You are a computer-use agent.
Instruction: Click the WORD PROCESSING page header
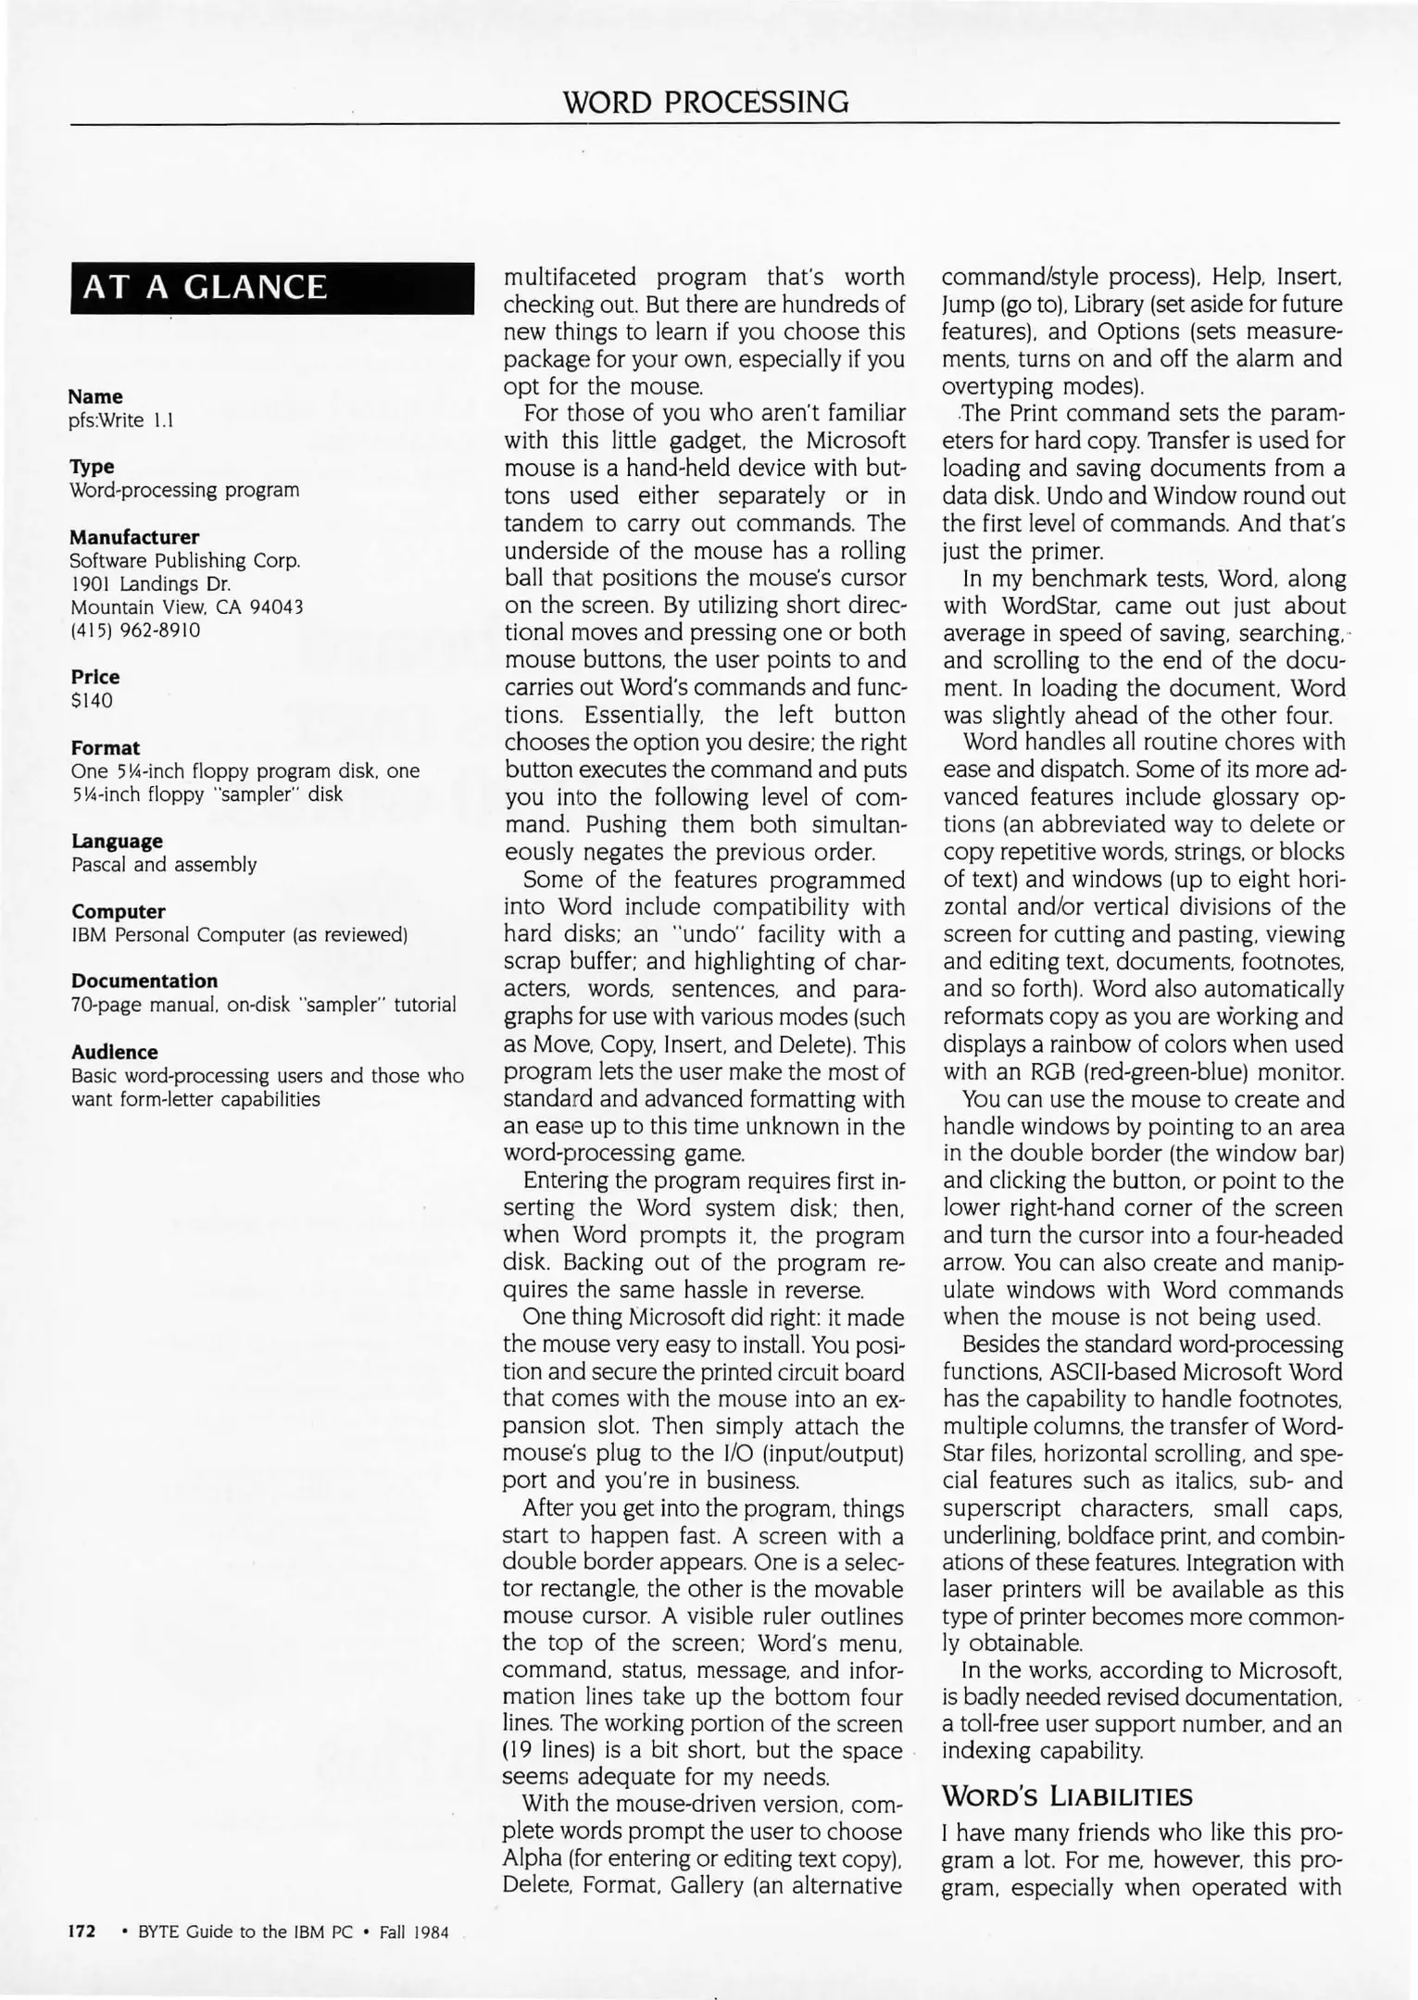[706, 101]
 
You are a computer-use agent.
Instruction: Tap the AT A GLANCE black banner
[271, 288]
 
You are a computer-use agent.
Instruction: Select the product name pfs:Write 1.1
[121, 420]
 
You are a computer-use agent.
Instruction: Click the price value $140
[92, 700]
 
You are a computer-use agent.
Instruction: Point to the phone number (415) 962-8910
[135, 631]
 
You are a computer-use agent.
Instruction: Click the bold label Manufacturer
[134, 537]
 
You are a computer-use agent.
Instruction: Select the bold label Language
[117, 841]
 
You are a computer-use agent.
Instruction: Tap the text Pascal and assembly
[164, 865]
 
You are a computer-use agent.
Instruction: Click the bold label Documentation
[144, 981]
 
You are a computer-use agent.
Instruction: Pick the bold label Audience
[114, 1052]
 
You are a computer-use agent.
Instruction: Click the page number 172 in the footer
[82, 1932]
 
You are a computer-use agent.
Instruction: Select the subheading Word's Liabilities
[1067, 1797]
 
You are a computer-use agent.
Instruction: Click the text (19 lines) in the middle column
[551, 1751]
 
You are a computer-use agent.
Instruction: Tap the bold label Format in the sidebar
[105, 747]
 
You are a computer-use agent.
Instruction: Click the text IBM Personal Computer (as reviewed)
[240, 935]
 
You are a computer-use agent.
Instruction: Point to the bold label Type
[92, 467]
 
